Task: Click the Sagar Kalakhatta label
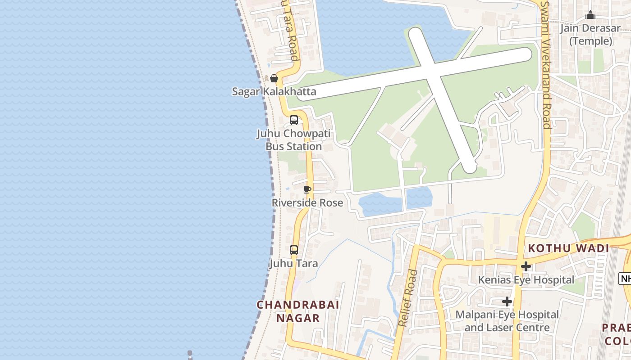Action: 274,92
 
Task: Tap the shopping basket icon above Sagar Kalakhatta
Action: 274,78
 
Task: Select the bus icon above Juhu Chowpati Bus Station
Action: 294,120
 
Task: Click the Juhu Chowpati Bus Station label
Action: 293,140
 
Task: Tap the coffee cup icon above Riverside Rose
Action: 307,189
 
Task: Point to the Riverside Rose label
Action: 307,203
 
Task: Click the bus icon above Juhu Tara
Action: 294,250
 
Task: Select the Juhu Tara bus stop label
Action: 293,263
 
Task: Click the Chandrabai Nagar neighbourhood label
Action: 297,311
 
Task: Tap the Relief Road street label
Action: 408,298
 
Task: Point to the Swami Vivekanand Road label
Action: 546,65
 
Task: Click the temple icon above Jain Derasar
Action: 590,15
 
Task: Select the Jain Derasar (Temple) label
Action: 590,35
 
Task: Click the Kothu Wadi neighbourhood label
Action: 568,248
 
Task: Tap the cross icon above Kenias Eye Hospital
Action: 526,266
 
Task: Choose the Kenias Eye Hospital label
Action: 526,280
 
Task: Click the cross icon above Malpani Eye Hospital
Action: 507,301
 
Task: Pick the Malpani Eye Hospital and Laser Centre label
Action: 507,321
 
